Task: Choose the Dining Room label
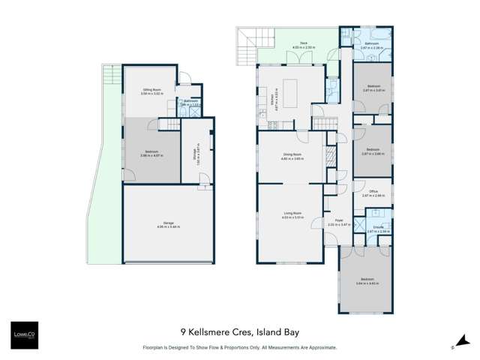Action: point(292,156)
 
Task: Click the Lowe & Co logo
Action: point(22,333)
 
